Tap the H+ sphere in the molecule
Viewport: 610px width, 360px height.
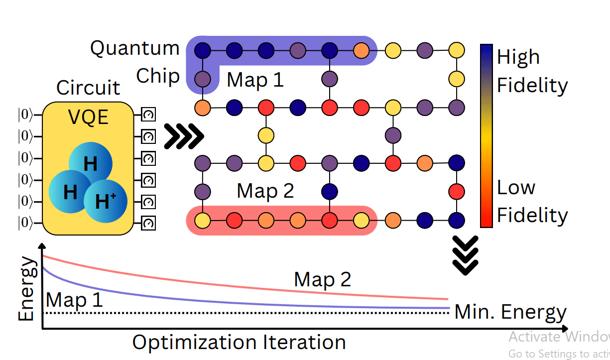coord(105,201)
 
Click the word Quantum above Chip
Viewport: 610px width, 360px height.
coord(134,48)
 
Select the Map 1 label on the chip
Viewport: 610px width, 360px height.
coord(255,80)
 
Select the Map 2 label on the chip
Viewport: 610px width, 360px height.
coord(265,191)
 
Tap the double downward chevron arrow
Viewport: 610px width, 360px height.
coord(464,254)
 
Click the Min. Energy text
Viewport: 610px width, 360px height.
coord(510,312)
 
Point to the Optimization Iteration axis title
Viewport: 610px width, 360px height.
coord(239,343)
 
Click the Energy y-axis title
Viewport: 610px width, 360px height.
coord(27,289)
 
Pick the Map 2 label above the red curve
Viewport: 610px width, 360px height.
coord(322,279)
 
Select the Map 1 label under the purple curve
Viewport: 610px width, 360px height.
coord(74,300)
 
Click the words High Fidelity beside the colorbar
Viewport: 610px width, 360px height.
coord(532,71)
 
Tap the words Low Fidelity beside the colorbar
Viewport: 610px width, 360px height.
coord(532,202)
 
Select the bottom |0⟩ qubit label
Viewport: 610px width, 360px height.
coord(25,222)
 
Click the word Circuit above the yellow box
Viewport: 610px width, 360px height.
coord(88,88)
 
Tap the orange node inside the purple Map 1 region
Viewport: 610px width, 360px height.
coord(361,50)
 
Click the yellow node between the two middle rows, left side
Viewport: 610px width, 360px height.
coord(266,134)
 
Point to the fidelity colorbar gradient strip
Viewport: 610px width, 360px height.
coord(486,135)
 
